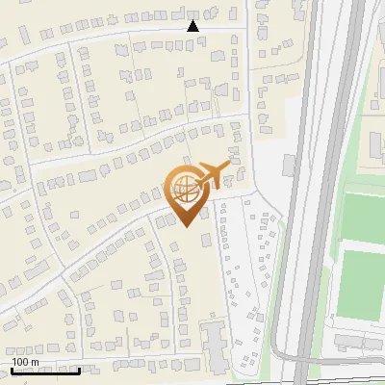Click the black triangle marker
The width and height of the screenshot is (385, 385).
pos(192,26)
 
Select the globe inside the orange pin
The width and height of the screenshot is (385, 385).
pos(185,190)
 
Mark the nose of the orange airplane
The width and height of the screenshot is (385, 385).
pos(231,165)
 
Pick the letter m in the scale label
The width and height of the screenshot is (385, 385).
pos(36,362)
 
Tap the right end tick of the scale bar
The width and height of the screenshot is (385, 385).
pos(79,368)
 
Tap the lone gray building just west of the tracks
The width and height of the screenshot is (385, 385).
pos(289,166)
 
